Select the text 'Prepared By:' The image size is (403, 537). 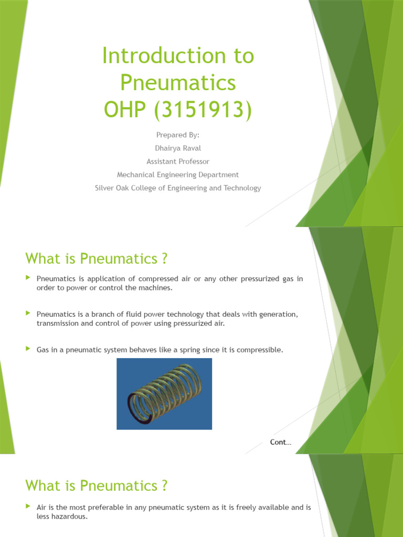[178, 135]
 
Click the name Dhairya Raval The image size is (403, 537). [178, 148]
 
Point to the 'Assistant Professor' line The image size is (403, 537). [178, 162]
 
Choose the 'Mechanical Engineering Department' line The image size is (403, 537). [178, 175]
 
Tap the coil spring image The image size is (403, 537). [164, 394]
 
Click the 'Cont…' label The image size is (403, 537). [280, 442]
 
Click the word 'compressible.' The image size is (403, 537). [261, 349]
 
